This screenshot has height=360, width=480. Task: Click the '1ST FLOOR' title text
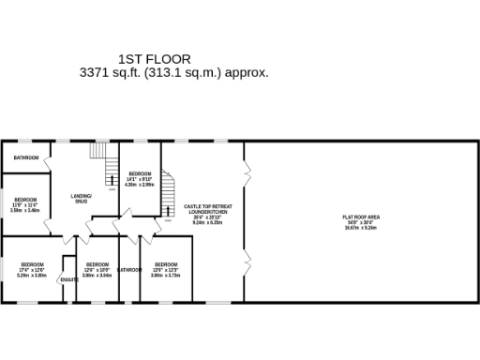pyautogui.click(x=155, y=59)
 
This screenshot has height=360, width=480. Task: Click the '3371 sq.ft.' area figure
pyautogui.click(x=112, y=72)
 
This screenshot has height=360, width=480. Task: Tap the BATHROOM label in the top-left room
pyautogui.click(x=26, y=157)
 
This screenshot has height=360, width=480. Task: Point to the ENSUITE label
pyautogui.click(x=68, y=279)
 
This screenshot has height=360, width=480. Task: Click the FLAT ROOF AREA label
pyautogui.click(x=361, y=217)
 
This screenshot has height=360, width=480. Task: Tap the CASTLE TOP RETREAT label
pyautogui.click(x=207, y=206)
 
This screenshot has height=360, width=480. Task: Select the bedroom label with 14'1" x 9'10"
pyautogui.click(x=140, y=174)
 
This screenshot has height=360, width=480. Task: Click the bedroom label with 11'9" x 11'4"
pyautogui.click(x=25, y=200)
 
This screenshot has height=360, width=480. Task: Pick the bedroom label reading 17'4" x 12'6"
pyautogui.click(x=32, y=264)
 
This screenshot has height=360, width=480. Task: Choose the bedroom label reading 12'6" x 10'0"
pyautogui.click(x=97, y=264)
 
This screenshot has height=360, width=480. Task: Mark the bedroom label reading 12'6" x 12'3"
pyautogui.click(x=165, y=264)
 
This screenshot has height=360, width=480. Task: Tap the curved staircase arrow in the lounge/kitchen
pyautogui.click(x=168, y=211)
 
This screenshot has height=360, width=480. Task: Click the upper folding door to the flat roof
pyautogui.click(x=247, y=171)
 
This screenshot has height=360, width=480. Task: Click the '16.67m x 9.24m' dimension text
pyautogui.click(x=361, y=228)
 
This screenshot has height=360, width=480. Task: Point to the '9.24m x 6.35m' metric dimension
pyautogui.click(x=207, y=223)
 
